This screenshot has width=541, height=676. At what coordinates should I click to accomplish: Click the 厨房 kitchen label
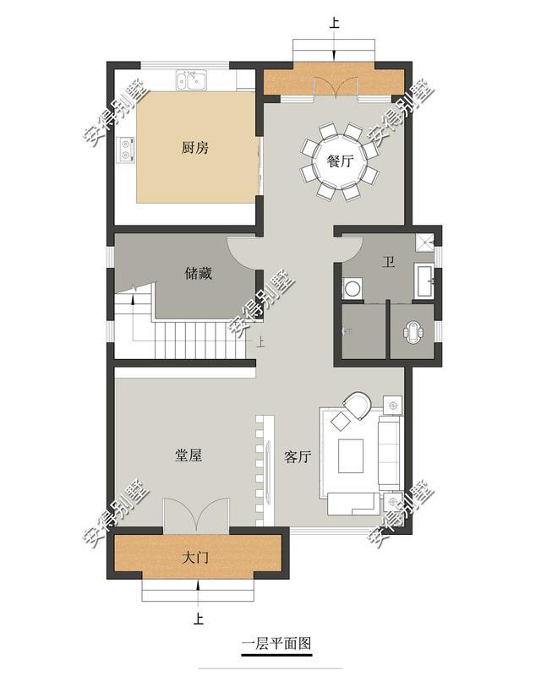[195, 148]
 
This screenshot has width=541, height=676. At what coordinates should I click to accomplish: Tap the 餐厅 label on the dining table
[341, 161]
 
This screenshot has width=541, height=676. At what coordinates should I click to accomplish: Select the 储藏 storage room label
[199, 273]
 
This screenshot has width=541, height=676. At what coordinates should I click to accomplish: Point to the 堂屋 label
[189, 455]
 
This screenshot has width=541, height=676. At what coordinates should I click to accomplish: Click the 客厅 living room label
[298, 456]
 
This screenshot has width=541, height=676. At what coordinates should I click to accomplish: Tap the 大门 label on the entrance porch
[195, 558]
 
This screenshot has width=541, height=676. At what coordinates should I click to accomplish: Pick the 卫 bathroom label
[388, 262]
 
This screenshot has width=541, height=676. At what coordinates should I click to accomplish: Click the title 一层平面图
[276, 644]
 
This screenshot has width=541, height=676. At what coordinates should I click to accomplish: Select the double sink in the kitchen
[192, 80]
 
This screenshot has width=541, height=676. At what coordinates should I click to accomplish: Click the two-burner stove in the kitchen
[126, 150]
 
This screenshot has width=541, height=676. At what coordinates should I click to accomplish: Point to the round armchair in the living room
[358, 405]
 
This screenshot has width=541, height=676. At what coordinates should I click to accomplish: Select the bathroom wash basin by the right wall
[425, 281]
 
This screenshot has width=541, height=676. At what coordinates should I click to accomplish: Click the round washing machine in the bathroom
[352, 288]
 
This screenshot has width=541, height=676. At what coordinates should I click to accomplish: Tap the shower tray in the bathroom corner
[425, 243]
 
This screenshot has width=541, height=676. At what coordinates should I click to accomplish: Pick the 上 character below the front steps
[198, 619]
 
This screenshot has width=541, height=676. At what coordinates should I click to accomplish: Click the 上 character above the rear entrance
[335, 23]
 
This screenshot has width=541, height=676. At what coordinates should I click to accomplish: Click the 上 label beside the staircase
[260, 342]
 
